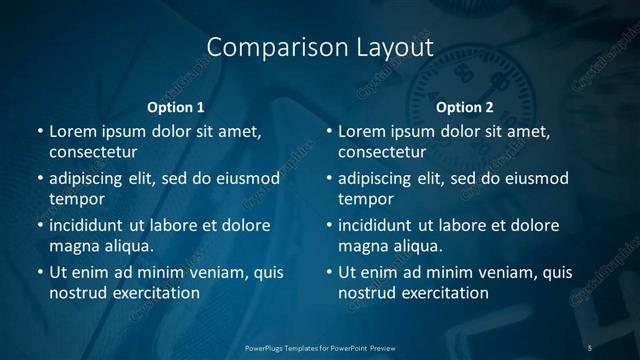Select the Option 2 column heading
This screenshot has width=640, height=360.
tap(465, 107)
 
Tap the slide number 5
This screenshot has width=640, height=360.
tap(590, 347)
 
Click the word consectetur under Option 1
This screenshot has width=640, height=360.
tap(93, 152)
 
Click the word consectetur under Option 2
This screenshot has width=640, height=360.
tap(382, 152)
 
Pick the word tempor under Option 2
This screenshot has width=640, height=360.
tap(365, 198)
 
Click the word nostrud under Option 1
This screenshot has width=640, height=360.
tap(77, 293)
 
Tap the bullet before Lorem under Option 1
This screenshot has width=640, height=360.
tap(39, 131)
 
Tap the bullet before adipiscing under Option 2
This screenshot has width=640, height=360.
tap(329, 179)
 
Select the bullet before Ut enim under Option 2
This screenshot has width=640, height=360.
tap(329, 272)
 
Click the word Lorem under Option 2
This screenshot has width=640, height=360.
tap(361, 131)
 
